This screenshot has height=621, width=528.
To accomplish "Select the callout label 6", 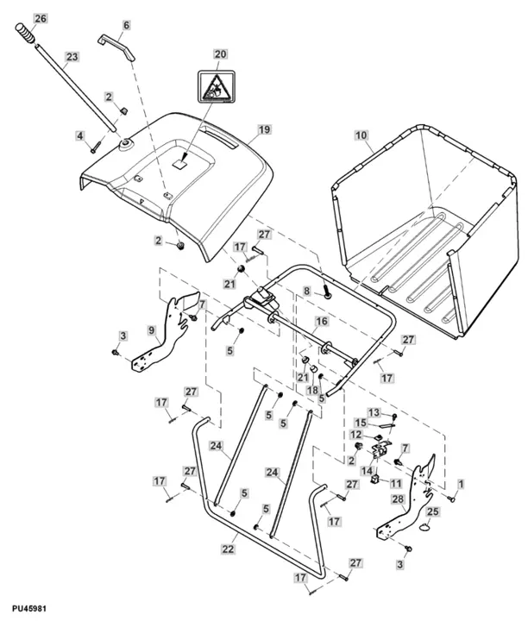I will coord(126,26).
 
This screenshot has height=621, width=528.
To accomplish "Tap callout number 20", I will coord(220,53).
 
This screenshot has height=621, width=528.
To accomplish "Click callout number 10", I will coord(361,135).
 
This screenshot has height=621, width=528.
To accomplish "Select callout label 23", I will coord(72,57).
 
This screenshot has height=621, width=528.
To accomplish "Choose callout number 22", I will coord(229,549).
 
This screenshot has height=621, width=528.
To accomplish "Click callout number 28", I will coord(398,499).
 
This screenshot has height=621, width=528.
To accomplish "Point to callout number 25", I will coord(433,512).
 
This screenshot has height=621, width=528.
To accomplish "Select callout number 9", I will coord(152,329).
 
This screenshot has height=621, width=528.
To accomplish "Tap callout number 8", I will coord(305,293).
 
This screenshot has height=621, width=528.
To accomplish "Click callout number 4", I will coord(79,136).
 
